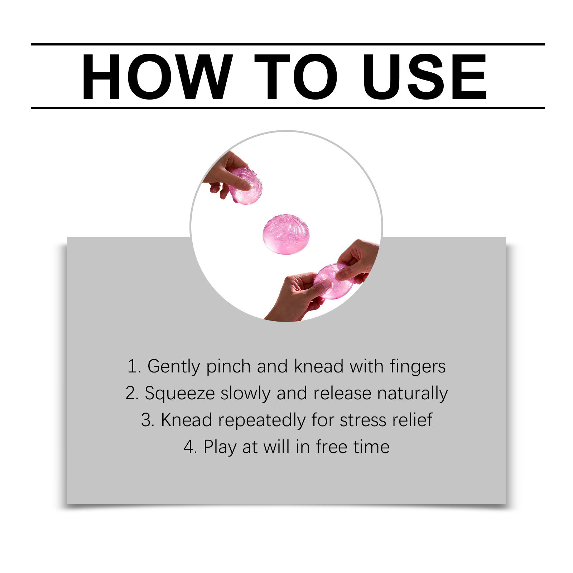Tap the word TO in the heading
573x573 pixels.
[296, 77]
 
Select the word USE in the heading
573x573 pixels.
[424, 77]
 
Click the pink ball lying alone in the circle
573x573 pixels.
[286, 235]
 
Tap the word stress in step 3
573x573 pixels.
[363, 420]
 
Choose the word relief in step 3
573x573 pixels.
[412, 420]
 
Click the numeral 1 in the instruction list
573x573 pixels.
[132, 366]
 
